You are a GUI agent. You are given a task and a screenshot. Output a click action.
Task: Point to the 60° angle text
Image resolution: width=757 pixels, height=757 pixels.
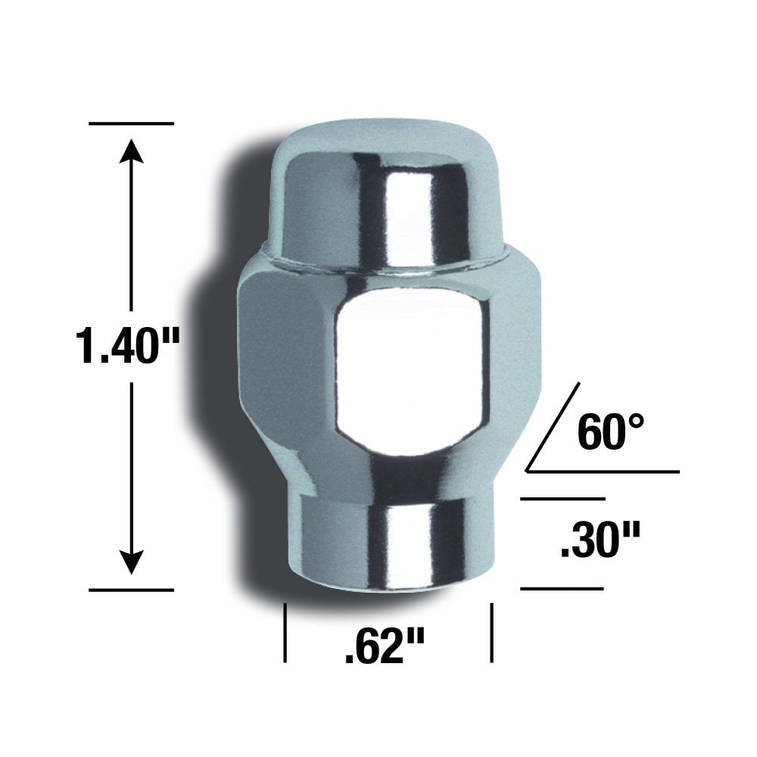(x=611, y=433)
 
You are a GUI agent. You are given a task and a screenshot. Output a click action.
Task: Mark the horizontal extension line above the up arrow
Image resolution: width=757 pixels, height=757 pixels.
(x=131, y=123)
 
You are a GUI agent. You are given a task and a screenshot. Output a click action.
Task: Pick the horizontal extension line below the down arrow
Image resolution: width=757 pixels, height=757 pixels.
(x=131, y=589)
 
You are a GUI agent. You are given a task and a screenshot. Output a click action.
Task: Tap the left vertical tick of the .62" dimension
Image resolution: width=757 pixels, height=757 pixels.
(x=285, y=632)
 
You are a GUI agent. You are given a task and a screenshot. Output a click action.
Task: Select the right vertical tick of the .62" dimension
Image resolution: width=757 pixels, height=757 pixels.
(x=493, y=632)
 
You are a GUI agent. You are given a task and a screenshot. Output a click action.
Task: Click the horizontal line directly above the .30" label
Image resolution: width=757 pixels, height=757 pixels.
(x=562, y=499)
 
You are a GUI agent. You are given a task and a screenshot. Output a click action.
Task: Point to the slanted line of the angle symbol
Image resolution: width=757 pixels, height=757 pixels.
(x=553, y=427)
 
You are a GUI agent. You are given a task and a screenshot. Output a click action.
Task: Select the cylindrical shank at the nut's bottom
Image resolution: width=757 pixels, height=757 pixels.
(x=386, y=541)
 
